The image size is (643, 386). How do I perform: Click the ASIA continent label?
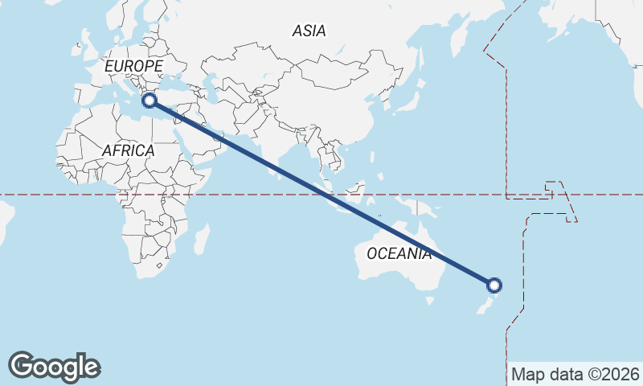click(309, 31)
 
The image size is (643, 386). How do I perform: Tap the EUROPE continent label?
click(133, 66)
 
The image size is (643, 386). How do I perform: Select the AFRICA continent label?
click(128, 150)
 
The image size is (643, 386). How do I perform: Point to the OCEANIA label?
click(399, 254)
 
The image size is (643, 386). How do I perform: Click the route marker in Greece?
click(149, 100)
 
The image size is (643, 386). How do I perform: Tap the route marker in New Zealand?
click(494, 285)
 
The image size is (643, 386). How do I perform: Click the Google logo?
click(54, 366)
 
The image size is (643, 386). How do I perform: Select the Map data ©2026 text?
click(575, 375)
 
